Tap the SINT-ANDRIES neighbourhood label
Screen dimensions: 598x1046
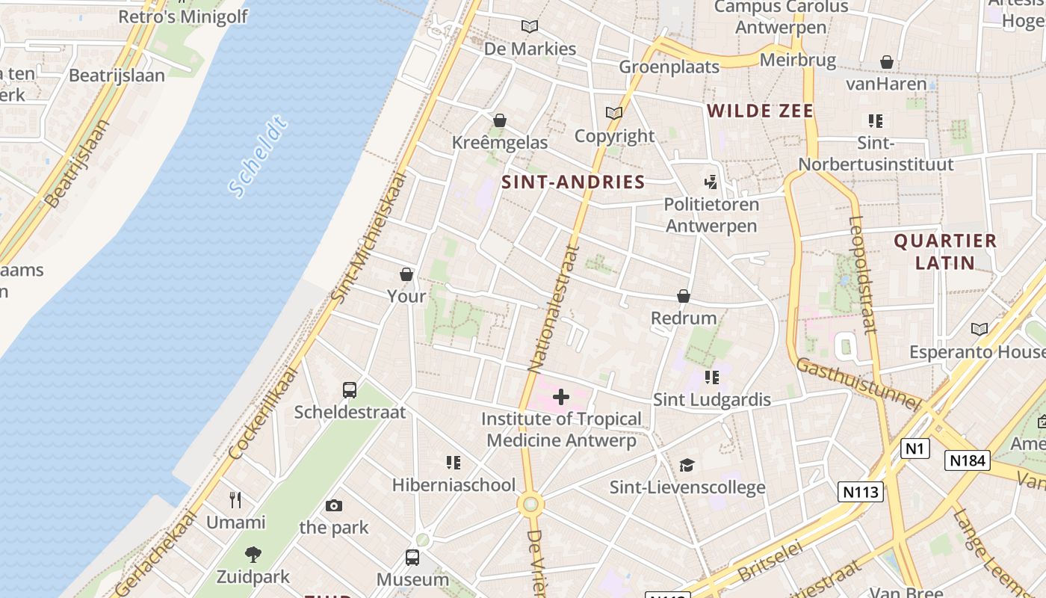573,182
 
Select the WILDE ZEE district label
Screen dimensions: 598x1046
760,111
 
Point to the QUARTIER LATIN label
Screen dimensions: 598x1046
945,251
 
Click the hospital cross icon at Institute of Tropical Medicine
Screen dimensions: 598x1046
561,397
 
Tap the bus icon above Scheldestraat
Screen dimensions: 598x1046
350,389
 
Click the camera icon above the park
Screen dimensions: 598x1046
334,506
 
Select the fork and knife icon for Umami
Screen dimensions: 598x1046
235,499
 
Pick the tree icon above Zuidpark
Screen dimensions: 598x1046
253,554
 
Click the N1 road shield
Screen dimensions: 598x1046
915,449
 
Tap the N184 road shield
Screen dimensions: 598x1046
968,460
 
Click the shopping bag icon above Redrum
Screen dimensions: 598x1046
683,297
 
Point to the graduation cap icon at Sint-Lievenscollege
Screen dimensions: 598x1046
687,466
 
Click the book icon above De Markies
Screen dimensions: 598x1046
530,27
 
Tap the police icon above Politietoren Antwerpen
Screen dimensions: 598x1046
711,182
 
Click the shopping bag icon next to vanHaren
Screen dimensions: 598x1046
887,62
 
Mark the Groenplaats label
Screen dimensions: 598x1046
669,67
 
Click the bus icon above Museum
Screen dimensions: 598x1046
412,557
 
